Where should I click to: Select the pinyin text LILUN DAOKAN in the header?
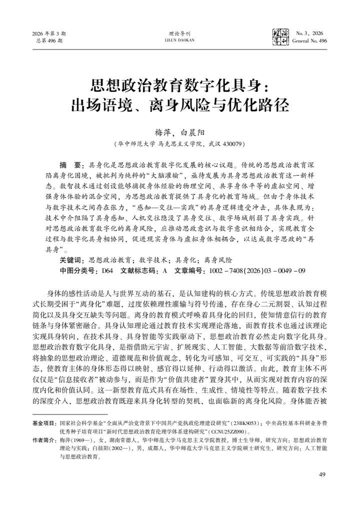coord(180,40)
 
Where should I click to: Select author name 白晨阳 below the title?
coord(189,133)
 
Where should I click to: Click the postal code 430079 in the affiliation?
coord(231,143)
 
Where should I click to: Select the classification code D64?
coord(107,270)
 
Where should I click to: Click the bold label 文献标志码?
coord(137,270)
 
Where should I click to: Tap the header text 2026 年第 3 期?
coord(49,33)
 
